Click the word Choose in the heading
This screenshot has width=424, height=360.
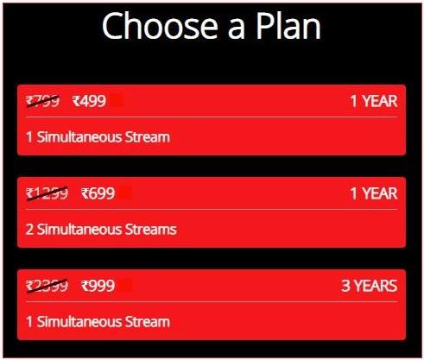160,26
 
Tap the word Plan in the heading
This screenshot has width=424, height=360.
288,25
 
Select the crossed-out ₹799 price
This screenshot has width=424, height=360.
43,101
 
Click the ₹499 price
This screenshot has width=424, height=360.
89,101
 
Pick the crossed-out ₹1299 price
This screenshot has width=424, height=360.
47,193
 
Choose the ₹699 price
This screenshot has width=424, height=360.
98,193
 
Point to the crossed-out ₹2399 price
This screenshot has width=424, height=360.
47,286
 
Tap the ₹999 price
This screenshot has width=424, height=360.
98,286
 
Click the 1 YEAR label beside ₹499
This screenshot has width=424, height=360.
374,101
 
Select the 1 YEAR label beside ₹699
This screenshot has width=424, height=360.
374,193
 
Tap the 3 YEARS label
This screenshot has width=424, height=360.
370,286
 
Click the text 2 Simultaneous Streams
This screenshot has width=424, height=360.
101,230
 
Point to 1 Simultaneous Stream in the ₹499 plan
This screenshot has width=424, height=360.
98,137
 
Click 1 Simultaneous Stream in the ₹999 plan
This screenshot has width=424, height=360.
98,322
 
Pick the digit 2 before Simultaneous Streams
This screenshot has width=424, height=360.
29,230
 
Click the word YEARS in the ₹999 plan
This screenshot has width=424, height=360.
376,286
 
